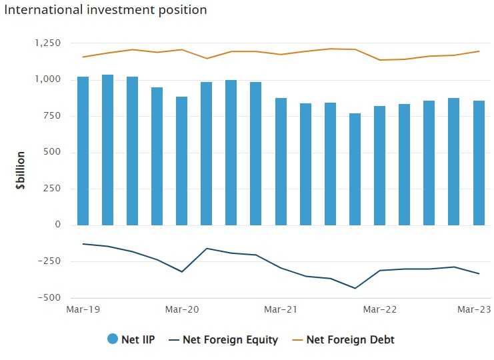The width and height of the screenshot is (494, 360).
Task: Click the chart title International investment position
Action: coord(105,10)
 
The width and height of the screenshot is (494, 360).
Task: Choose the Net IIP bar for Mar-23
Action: coord(479,163)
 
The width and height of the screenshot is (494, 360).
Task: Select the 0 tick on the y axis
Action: coord(57,225)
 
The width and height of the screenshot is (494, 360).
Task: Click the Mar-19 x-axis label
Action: coord(83,310)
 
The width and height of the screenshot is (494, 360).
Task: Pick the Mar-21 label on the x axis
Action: coord(281,310)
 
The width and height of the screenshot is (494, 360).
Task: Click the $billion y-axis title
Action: coord(21,171)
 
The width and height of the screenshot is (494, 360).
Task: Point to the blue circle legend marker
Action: coord(113,339)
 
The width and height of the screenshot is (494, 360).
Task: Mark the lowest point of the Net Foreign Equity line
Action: coord(355,288)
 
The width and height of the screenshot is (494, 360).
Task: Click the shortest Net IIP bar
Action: coord(355,169)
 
